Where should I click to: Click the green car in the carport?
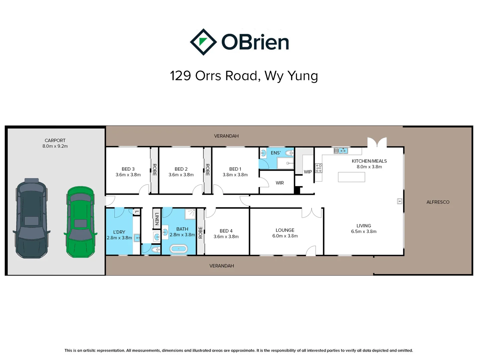(x=80, y=222)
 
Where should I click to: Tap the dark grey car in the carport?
(x=31, y=218)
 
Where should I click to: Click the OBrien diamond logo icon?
(x=203, y=42)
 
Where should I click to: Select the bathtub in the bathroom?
(x=179, y=249)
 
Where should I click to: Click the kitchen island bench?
(x=351, y=177)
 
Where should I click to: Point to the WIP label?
(x=308, y=172)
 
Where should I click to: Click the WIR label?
(x=280, y=183)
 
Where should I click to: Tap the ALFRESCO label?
(x=438, y=202)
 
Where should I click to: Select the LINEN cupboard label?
(x=157, y=219)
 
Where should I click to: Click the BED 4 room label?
(x=226, y=231)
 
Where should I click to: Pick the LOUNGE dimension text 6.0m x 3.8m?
(x=285, y=236)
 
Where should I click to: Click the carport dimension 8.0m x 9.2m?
(x=55, y=146)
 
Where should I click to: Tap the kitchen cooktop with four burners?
(x=319, y=168)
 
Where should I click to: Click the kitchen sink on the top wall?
(x=341, y=151)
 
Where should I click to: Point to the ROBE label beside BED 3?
(x=154, y=170)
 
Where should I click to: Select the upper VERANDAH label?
(x=226, y=136)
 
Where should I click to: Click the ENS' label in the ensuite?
(x=276, y=153)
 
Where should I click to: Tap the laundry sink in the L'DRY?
(x=137, y=238)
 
